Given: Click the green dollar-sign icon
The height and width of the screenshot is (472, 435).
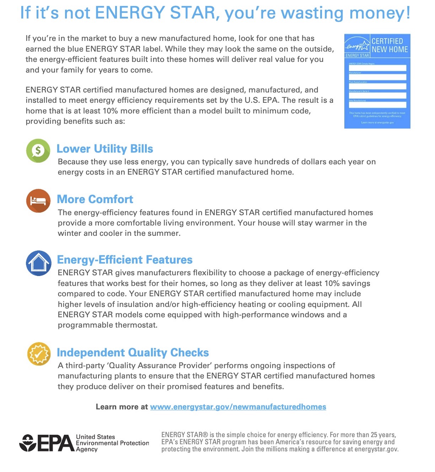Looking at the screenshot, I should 38,150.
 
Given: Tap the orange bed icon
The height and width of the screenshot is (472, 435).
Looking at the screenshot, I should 38,201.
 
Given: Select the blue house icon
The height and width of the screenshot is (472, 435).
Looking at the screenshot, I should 38,263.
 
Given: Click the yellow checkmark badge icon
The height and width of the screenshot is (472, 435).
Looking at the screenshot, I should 39,354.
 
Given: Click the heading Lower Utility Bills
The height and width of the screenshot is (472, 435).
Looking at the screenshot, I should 105,149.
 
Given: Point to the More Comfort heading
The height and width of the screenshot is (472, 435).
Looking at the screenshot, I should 95,199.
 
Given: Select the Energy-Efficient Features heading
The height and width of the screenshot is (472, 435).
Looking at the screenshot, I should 124,260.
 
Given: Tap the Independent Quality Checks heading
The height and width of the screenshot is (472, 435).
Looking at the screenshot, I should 133,352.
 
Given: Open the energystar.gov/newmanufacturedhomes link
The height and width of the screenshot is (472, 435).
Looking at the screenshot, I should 238,407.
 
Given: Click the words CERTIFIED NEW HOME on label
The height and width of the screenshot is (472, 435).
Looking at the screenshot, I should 390,45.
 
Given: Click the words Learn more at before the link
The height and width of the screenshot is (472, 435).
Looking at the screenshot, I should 122,407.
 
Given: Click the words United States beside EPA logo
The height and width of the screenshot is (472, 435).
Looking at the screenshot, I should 95,437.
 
